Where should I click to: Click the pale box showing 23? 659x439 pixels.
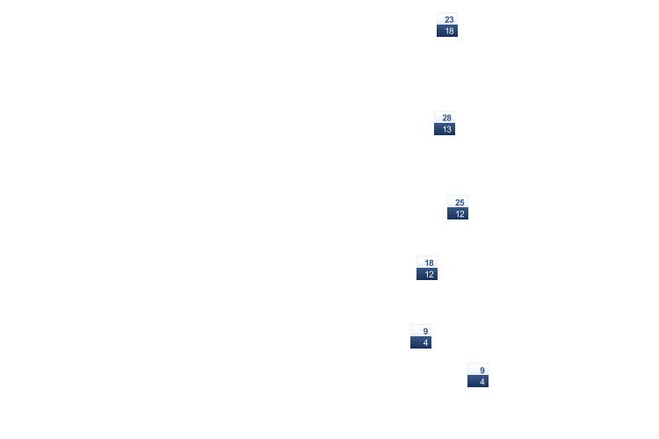447,19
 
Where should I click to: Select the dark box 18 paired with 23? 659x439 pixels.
447,31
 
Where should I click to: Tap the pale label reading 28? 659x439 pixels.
445,117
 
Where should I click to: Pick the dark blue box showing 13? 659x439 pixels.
445,129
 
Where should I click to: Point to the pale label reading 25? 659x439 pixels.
458,202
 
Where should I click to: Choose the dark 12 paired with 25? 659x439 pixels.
458,213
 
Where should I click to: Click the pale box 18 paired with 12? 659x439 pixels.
427,263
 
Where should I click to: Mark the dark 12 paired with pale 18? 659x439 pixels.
427,274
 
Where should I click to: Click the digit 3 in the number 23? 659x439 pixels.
452,19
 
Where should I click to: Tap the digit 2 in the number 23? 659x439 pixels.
447,19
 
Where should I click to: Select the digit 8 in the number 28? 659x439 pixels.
449,118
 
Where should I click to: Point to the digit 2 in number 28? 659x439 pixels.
445,118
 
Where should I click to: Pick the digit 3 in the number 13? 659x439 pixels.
449,129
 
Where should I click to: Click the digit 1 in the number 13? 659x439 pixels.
445,129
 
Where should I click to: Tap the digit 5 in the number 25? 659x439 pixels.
462,203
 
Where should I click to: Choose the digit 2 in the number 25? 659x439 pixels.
458,203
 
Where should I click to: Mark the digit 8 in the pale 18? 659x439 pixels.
431,263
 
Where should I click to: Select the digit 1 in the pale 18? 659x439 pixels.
427,263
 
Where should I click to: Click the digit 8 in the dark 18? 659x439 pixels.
452,31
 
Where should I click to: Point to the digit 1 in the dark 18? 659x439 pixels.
447,31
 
